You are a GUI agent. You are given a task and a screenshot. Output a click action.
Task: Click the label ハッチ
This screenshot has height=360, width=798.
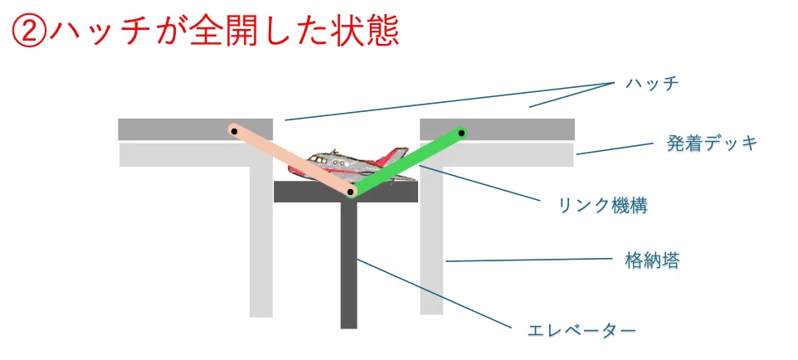(x=653, y=84)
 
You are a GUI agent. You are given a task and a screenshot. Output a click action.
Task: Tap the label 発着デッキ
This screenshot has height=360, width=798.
(x=712, y=144)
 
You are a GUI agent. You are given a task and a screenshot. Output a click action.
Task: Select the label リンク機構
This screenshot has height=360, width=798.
(x=603, y=205)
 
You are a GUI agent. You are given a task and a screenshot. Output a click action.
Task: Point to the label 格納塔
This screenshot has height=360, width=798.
(x=652, y=261)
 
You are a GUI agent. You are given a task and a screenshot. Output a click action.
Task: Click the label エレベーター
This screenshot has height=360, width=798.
(x=581, y=331)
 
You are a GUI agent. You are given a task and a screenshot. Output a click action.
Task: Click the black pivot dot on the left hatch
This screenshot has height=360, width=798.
(x=234, y=131)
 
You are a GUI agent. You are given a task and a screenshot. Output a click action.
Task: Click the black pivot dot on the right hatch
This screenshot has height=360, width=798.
(x=460, y=134)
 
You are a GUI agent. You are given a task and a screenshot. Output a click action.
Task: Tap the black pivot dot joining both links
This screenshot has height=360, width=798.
(x=350, y=192)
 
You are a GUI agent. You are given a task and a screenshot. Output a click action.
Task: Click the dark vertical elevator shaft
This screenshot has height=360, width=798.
(x=348, y=265)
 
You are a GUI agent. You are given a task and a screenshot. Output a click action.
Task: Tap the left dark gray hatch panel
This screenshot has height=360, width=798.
(x=195, y=129)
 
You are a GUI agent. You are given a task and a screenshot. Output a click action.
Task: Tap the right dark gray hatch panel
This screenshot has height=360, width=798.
(x=497, y=129)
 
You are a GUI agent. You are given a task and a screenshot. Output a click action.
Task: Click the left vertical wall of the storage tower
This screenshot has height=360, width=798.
(x=261, y=242)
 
